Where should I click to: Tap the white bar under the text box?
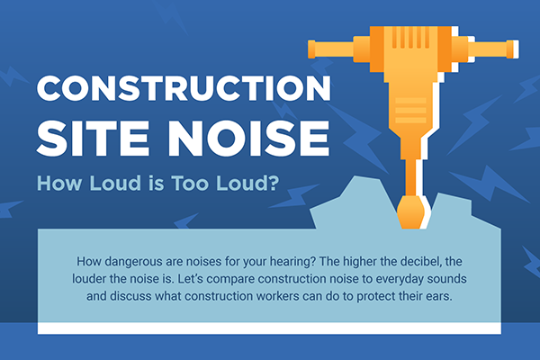tap(269, 328)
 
